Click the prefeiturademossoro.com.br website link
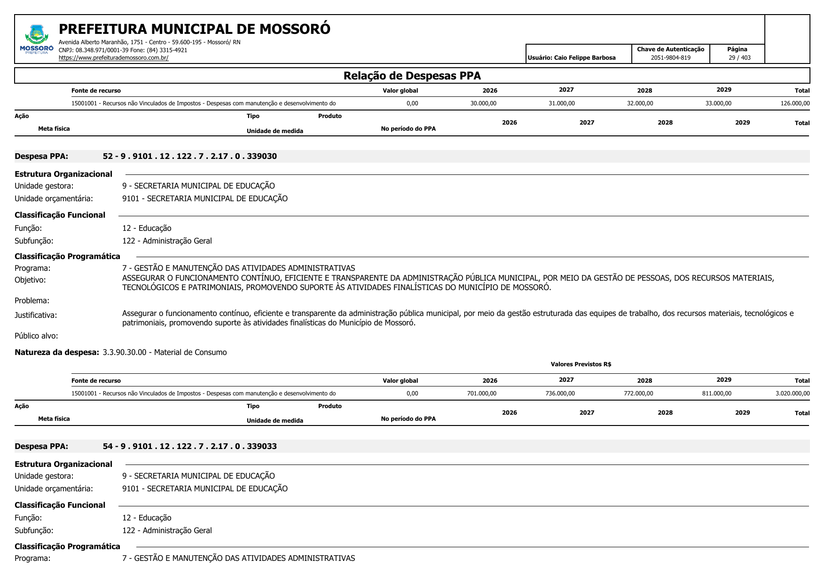tap(113, 58)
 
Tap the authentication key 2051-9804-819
tap(670, 58)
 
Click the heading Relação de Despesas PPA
tap(412, 76)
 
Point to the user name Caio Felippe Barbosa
tap(584, 58)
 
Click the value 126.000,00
tap(795, 103)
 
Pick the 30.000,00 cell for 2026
tap(483, 103)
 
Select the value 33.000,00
tap(718, 103)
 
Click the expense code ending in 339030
tap(189, 156)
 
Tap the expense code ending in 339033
tap(189, 446)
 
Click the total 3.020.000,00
tap(793, 394)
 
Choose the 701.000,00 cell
tap(481, 394)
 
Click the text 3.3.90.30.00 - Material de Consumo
tap(165, 352)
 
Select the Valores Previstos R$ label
tap(581, 364)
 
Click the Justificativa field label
tap(36, 315)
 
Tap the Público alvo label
tap(36, 336)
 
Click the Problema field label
tap(32, 300)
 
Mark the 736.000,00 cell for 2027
tap(560, 394)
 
